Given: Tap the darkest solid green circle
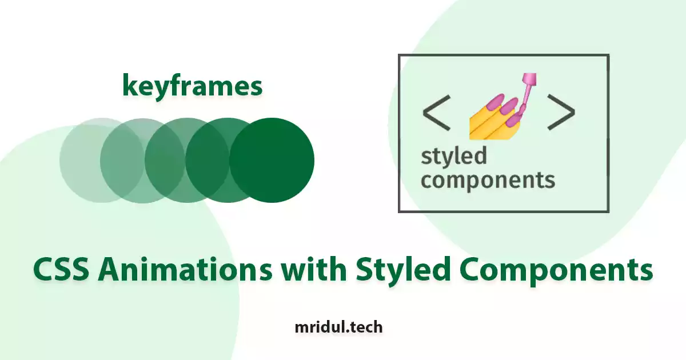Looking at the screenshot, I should point(272,160).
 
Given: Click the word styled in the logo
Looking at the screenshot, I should point(454,157).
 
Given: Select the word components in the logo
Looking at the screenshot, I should point(488,181).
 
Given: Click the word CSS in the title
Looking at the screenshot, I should point(61,269).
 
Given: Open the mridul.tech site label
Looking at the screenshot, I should point(338,327).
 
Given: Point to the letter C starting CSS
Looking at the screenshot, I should point(43,269).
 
